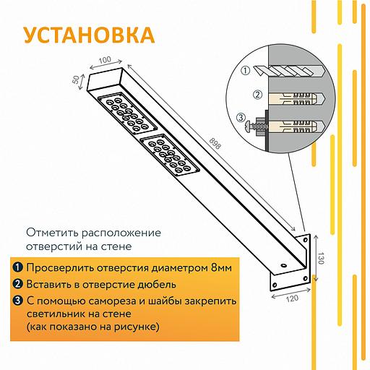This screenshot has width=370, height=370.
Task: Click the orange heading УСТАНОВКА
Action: click(x=90, y=35)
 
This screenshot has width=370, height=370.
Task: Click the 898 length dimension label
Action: click(x=215, y=144)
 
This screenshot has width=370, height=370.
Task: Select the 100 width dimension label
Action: click(x=105, y=60)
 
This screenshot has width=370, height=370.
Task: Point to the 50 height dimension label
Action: click(x=76, y=79)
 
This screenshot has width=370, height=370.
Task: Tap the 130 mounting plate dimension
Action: click(x=321, y=258)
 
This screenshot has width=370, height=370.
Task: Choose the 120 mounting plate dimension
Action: click(x=292, y=298)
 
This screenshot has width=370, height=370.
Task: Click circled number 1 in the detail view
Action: click(x=246, y=71)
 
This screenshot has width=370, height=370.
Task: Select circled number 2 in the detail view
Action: click(x=257, y=95)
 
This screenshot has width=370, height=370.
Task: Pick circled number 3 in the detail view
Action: click(x=241, y=118)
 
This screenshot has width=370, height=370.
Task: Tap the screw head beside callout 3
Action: click(x=248, y=126)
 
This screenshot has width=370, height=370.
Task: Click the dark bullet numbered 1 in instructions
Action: click(x=18, y=267)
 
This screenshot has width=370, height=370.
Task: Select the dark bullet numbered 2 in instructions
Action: click(x=18, y=284)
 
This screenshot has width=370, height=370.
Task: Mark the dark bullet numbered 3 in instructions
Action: click(x=18, y=301)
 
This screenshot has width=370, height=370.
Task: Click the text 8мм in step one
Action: click(x=221, y=267)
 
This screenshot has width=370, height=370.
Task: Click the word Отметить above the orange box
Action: click(x=52, y=233)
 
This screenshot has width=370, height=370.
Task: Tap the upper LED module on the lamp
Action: click(x=128, y=113)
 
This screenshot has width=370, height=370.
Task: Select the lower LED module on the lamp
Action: click(x=170, y=155)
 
